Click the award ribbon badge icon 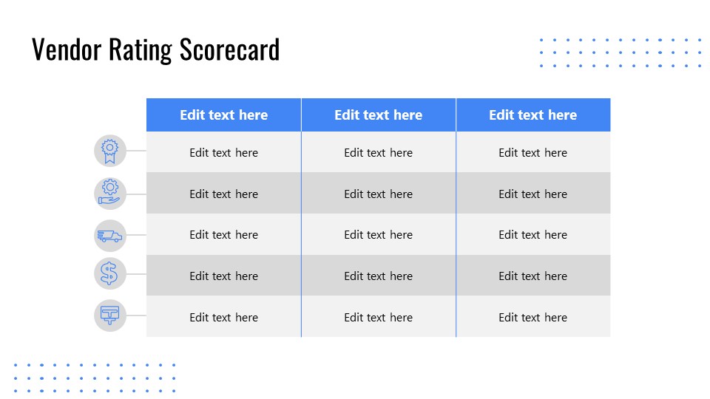[110, 151]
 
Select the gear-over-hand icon [110, 192]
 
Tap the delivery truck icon [110, 235]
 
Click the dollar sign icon [110, 273]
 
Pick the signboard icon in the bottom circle [110, 315]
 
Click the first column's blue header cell [223, 115]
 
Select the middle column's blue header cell [378, 115]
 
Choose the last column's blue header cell [532, 115]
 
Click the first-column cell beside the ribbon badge [223, 153]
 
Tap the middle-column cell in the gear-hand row [378, 194]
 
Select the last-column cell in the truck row [532, 235]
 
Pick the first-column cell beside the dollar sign [223, 276]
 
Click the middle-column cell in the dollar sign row [378, 276]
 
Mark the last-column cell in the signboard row [532, 317]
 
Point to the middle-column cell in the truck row [378, 235]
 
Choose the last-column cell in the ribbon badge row [532, 153]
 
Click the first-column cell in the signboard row [223, 317]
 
